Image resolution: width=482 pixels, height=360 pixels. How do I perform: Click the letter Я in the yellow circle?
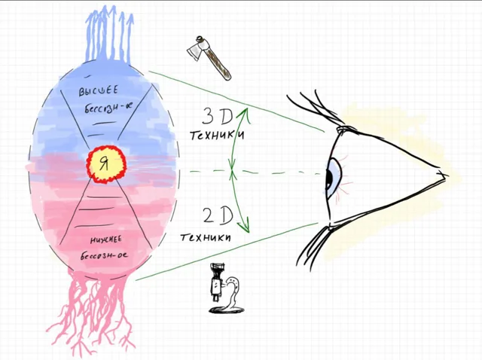tap(104, 164)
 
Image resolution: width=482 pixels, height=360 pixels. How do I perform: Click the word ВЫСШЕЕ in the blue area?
tap(98, 90)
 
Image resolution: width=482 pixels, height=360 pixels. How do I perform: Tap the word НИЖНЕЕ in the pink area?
tap(105, 239)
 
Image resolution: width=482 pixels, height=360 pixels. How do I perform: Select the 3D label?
tap(218, 117)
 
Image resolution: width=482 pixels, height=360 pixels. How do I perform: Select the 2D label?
tap(218, 216)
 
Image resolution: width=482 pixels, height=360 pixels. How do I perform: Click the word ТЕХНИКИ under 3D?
tap(217, 134)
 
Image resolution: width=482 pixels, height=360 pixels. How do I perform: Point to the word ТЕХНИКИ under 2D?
tap(206, 237)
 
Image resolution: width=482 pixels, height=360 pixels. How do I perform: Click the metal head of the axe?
tap(197, 47)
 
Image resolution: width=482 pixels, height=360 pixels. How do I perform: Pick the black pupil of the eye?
tap(329, 178)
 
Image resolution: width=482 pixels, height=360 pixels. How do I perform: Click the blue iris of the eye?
tap(334, 178)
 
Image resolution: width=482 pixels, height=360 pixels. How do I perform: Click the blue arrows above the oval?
tap(110, 35)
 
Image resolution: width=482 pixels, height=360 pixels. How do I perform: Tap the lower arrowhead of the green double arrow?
tap(244, 226)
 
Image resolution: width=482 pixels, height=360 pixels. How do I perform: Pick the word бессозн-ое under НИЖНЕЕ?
tap(104, 255)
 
